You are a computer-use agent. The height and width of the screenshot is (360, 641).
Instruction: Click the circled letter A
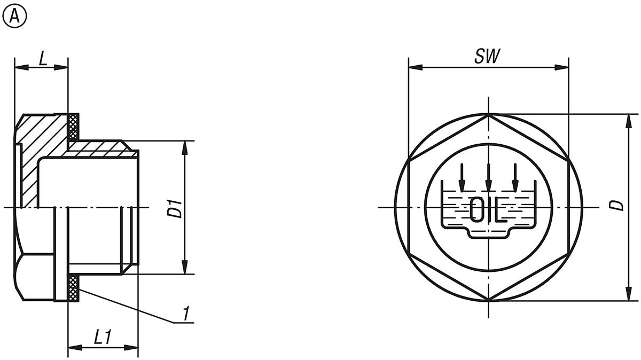click(x=14, y=17)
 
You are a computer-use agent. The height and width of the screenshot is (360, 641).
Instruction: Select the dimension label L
click(x=43, y=58)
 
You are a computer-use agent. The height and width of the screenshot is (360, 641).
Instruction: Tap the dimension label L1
click(x=102, y=337)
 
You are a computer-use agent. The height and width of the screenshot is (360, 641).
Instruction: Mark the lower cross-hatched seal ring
click(x=74, y=288)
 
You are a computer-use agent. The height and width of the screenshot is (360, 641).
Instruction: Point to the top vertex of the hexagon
click(x=489, y=114)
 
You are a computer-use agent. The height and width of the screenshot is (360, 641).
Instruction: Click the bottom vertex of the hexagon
click(x=489, y=300)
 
